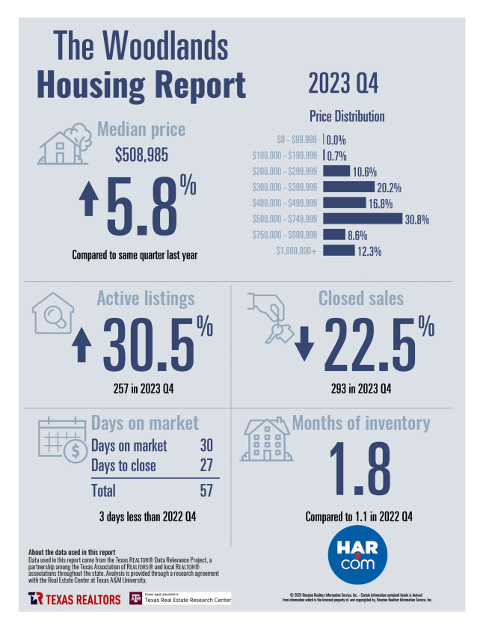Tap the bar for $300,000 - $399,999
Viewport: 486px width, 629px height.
click(348, 187)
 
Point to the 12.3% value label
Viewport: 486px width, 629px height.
click(369, 251)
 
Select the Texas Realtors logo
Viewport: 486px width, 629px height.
click(75, 598)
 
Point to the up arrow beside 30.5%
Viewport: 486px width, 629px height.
click(83, 345)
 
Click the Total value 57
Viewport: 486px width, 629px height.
click(206, 491)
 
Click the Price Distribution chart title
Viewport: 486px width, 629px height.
click(347, 117)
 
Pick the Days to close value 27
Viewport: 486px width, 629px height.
click(206, 465)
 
